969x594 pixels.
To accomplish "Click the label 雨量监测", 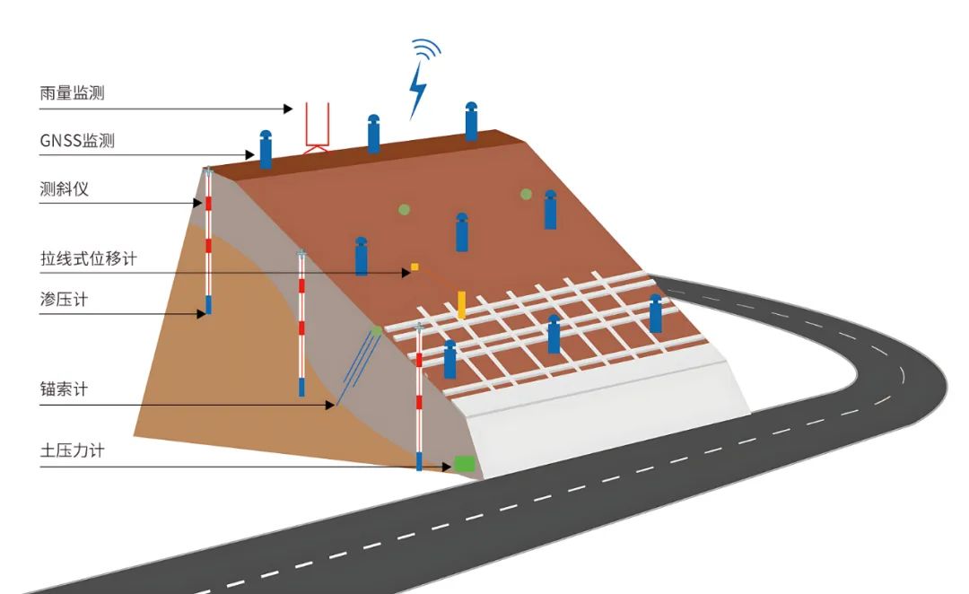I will tap(79, 92).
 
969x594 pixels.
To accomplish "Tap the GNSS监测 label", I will tap(77, 140).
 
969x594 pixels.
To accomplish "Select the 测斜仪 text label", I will tap(65, 188).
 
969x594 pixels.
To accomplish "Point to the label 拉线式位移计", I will tap(89, 258).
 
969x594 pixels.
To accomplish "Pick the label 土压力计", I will tap(72, 450).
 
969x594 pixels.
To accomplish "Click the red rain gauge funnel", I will tap(317, 126).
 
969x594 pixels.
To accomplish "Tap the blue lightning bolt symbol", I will tap(417, 91).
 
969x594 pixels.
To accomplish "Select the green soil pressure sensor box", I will tap(463, 464).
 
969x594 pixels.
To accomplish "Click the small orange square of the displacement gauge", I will tap(415, 266).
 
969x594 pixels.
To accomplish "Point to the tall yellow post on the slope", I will tap(462, 303).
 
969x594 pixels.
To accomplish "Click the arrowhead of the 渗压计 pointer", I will tap(203, 313).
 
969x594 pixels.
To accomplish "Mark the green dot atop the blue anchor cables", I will tap(376, 331).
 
